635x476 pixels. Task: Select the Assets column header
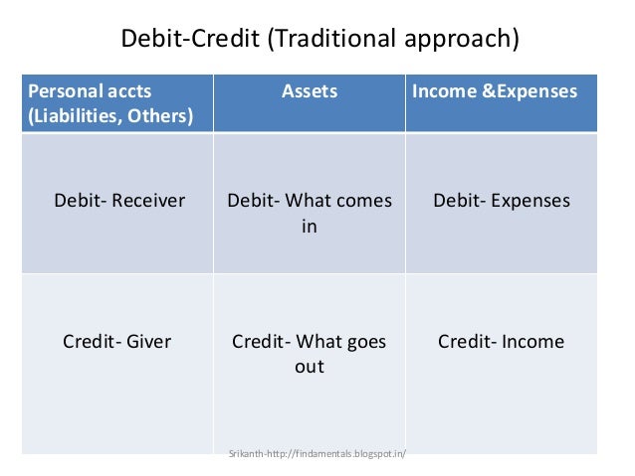[x=310, y=91]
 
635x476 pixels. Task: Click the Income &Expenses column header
[x=495, y=91]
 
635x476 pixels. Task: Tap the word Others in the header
[x=159, y=115]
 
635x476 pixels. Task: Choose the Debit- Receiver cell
[x=119, y=201]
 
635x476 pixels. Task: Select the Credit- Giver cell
[x=116, y=342]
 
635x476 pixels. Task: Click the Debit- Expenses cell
[x=502, y=201]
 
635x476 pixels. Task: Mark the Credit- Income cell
[x=501, y=342]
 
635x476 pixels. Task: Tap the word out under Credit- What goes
[x=310, y=367]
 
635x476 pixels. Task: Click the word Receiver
[x=148, y=201]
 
